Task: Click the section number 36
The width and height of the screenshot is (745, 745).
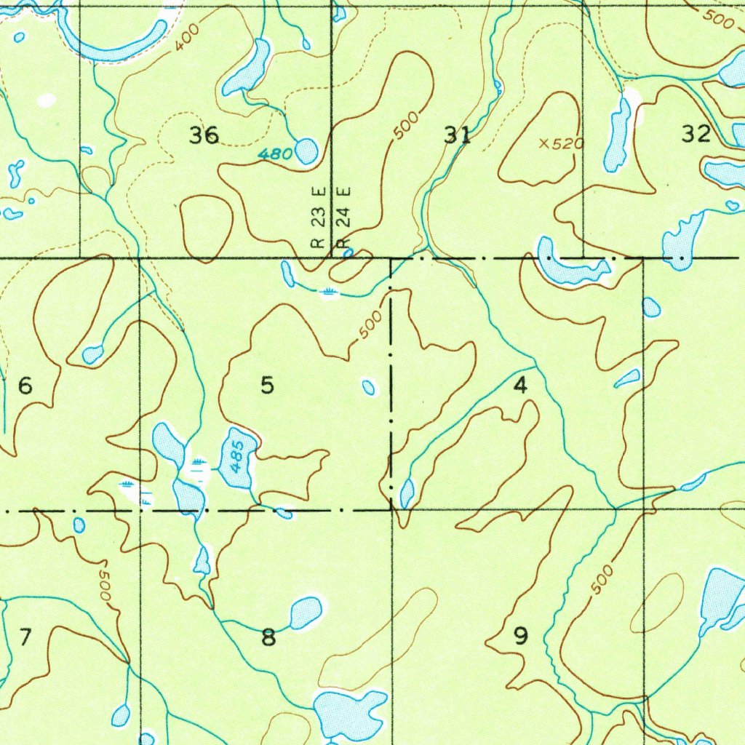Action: click(204, 135)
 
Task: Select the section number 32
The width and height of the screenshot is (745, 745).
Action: click(696, 134)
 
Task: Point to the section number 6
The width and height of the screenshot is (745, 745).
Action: click(25, 386)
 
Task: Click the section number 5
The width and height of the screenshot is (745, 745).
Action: click(268, 386)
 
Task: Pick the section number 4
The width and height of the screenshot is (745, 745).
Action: click(520, 386)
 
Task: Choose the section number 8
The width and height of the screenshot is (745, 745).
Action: click(268, 638)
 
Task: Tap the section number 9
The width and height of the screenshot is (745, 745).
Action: click(520, 637)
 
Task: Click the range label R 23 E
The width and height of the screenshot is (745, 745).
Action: click(317, 218)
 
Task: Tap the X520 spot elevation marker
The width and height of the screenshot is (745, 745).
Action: click(561, 144)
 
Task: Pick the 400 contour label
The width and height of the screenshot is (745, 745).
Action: click(186, 41)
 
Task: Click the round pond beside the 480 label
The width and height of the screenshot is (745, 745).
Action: click(306, 151)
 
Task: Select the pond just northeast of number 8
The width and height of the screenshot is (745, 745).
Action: click(306, 612)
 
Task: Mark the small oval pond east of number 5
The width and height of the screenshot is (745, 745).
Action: click(369, 387)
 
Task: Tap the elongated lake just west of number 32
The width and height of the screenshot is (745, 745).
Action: click(618, 135)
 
